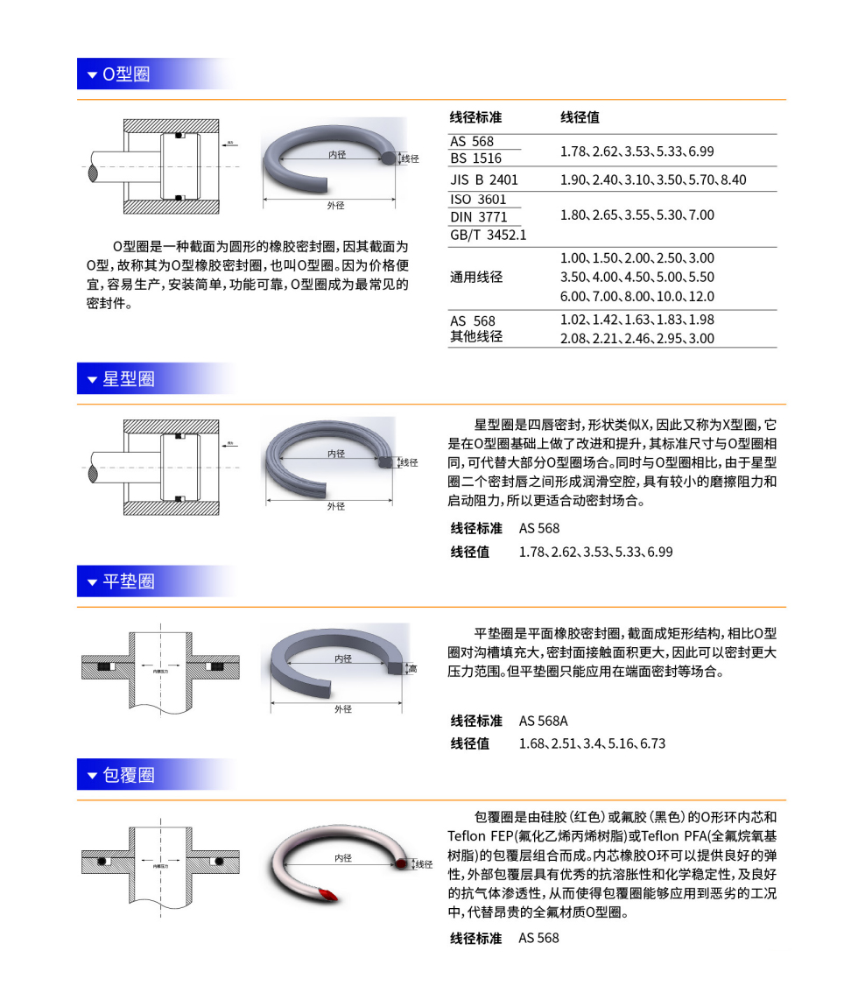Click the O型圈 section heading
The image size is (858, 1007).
point(126,74)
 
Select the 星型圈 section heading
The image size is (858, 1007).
point(128,379)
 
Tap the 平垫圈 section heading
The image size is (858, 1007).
point(128,581)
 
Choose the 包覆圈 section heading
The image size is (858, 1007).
point(128,775)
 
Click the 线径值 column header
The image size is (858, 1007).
point(580,117)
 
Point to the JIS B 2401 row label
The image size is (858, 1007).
point(484,180)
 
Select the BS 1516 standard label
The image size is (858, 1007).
point(475,158)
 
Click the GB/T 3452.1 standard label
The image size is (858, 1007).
point(488,235)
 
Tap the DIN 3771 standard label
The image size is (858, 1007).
point(478,217)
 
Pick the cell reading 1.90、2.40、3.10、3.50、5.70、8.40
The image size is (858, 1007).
point(653,180)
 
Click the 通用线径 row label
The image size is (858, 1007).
point(476,278)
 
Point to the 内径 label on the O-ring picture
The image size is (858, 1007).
point(337,154)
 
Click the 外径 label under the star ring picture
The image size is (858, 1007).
point(336,505)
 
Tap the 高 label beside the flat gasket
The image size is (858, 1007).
point(412,669)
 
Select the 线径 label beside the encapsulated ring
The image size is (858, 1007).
point(424,864)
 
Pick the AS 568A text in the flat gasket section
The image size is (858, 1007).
point(543,721)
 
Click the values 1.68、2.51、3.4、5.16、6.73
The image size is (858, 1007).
point(592,743)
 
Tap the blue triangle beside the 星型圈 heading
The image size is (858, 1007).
point(92,380)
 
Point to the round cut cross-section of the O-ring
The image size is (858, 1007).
point(387,158)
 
